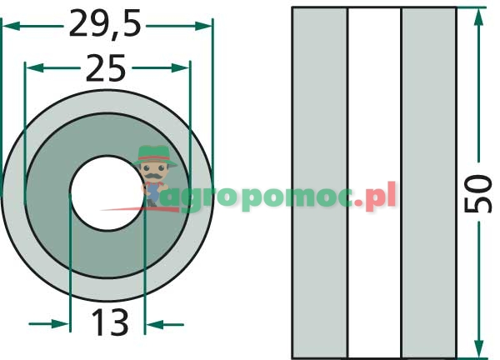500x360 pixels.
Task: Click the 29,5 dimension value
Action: pos(105,24)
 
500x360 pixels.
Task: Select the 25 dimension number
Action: pos(106,68)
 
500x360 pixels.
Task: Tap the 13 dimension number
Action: pos(110,322)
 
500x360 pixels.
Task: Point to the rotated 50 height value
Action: pos(477,192)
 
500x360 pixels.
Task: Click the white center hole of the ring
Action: pos(107,192)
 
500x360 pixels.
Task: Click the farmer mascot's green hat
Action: pos(155,156)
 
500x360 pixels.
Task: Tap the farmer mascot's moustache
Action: pos(153,176)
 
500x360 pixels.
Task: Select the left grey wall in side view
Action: pos(320,182)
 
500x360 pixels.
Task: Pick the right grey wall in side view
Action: pos(429,182)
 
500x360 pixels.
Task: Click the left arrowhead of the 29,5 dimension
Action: pos(12,26)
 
